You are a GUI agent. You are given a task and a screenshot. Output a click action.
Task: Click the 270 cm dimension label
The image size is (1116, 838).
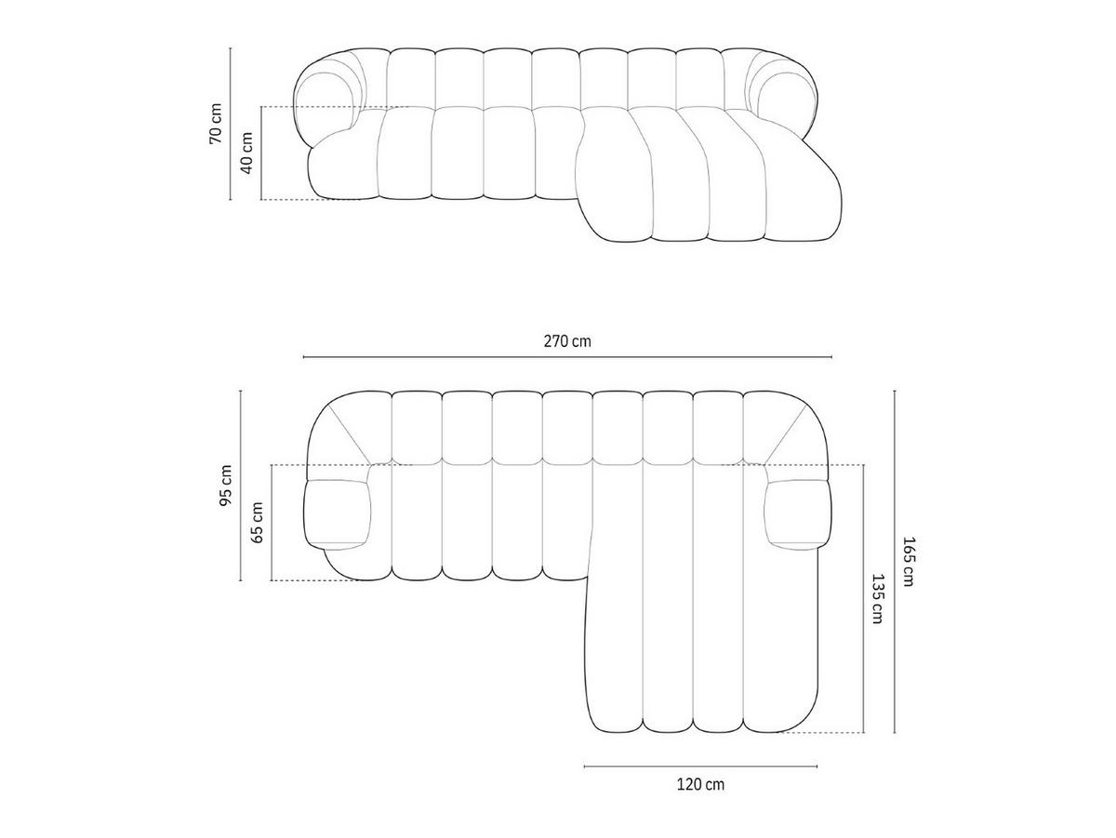pyautogui.click(x=567, y=340)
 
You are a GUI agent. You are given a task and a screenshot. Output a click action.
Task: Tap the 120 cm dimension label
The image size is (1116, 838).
pyautogui.click(x=700, y=784)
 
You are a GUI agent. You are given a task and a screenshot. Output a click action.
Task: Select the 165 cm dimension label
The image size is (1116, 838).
pyautogui.click(x=910, y=562)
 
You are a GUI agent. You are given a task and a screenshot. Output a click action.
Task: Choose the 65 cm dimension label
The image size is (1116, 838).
pyautogui.click(x=258, y=522)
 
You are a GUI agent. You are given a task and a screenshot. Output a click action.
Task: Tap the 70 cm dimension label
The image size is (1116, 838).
pyautogui.click(x=216, y=123)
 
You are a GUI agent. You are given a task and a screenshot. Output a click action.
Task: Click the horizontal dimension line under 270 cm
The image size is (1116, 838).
pyautogui.click(x=567, y=357)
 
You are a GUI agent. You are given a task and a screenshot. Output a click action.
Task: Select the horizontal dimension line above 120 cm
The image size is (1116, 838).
pyautogui.click(x=700, y=766)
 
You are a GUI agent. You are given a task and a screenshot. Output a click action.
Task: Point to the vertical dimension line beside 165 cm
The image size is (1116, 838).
pyautogui.click(x=895, y=562)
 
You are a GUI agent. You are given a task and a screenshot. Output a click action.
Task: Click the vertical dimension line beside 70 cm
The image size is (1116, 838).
pyautogui.click(x=231, y=123)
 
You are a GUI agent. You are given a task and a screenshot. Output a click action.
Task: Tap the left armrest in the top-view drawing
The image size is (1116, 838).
pyautogui.click(x=339, y=512)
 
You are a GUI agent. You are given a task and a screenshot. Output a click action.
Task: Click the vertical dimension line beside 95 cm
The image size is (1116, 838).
pyautogui.click(x=241, y=486)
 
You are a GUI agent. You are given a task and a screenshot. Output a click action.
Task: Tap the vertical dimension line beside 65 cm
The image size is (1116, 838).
pyautogui.click(x=272, y=522)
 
